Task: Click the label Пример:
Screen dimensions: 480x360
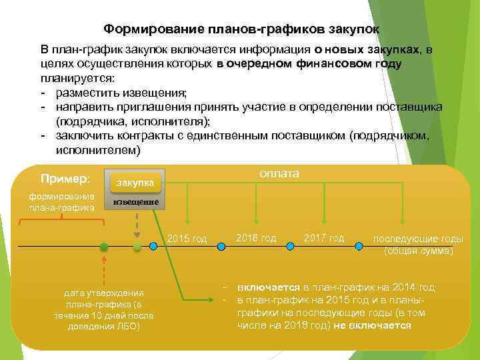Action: point(65,179)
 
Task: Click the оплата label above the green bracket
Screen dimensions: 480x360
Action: point(278,173)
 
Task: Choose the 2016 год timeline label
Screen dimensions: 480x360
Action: point(255,238)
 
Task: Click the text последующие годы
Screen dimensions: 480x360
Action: point(417,239)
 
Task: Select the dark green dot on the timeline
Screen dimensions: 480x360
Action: point(103,247)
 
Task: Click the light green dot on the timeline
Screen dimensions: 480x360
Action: point(137,247)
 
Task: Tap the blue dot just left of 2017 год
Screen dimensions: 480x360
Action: point(289,246)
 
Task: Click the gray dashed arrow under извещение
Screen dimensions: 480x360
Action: point(137,223)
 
